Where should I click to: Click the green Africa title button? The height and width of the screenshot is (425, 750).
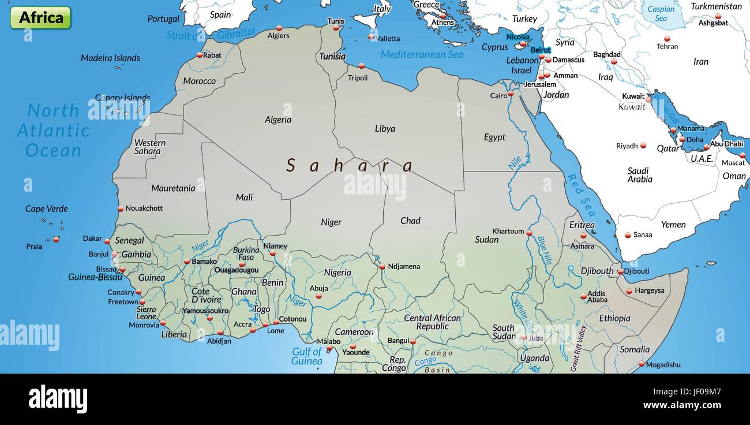(40, 17)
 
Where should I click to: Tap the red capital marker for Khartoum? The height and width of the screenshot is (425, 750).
(529, 232)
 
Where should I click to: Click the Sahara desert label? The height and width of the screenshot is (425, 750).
(350, 166)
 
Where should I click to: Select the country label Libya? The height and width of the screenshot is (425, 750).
(385, 129)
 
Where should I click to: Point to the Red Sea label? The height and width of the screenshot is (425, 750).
(582, 195)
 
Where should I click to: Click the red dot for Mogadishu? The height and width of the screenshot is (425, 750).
(641, 364)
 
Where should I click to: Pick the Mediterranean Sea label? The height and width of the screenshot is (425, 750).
(422, 54)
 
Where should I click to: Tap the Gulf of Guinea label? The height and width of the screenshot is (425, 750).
(307, 356)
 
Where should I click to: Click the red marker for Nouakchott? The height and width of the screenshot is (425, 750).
(121, 209)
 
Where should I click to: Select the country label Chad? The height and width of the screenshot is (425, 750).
(410, 221)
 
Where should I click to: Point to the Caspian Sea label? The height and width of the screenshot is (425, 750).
(661, 13)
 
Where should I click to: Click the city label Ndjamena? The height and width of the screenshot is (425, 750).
(404, 266)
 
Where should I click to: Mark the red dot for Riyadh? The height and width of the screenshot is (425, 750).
(643, 146)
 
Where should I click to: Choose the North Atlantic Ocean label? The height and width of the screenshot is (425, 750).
(53, 131)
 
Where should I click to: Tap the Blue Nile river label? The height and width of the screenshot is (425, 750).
(545, 250)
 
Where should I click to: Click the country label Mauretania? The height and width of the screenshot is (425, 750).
(173, 188)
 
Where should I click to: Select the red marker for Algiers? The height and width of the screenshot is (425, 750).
(279, 28)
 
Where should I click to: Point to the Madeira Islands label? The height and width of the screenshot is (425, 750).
(110, 58)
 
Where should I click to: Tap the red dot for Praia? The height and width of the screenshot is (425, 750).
(56, 239)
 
